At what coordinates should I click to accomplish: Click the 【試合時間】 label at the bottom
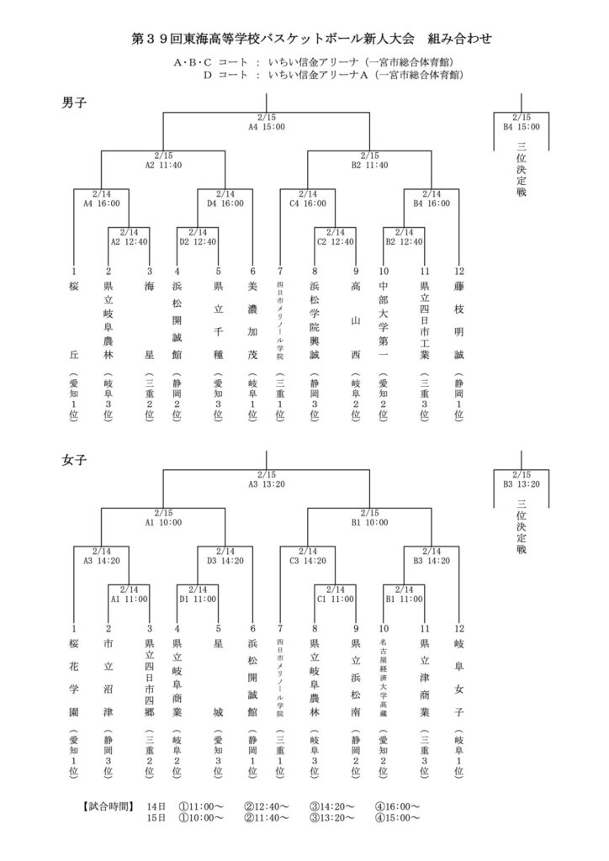pos(109,806)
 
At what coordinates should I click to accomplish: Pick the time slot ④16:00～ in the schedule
pos(398,806)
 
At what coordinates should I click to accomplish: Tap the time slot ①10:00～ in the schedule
pos(201,817)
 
